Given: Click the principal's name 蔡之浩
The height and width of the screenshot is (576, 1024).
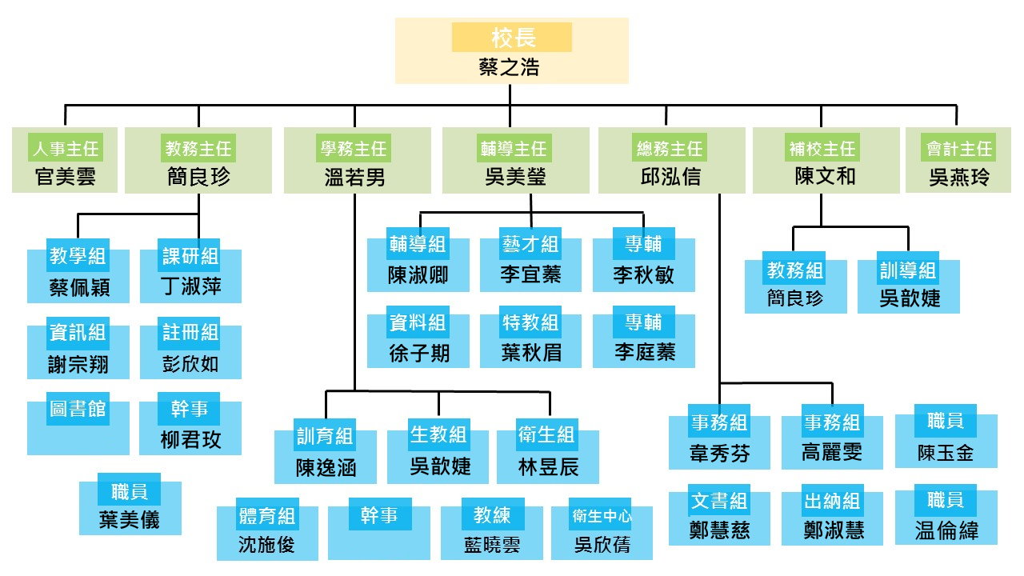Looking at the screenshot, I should [510, 67].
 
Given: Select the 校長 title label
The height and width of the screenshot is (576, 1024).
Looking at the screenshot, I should [512, 38].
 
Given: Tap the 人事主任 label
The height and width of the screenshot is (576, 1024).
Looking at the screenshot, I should [65, 149].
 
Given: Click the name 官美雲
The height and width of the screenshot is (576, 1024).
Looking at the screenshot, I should [65, 177].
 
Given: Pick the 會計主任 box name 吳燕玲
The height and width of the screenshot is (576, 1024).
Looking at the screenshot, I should [958, 177].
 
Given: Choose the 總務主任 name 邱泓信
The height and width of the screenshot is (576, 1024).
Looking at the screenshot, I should [670, 177].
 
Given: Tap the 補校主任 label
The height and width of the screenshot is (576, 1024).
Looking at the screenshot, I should [821, 149].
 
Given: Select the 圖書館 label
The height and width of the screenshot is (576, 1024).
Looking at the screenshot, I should [78, 409].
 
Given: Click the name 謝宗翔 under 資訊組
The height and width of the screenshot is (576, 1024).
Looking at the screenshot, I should [78, 365].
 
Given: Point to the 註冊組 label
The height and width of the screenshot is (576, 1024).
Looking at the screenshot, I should [190, 332].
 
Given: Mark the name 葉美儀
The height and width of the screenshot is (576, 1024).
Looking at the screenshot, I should [130, 519].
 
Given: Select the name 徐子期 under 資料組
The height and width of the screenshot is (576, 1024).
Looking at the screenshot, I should [418, 352].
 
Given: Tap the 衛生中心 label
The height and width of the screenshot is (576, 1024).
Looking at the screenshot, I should [602, 516].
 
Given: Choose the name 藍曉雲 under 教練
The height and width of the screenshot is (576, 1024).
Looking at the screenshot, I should [491, 544].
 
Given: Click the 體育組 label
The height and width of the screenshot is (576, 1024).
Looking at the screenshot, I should [267, 516].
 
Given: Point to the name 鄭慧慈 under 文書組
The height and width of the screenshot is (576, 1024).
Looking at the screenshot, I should [719, 530].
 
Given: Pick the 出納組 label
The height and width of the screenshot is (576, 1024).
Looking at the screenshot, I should [832, 502].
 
